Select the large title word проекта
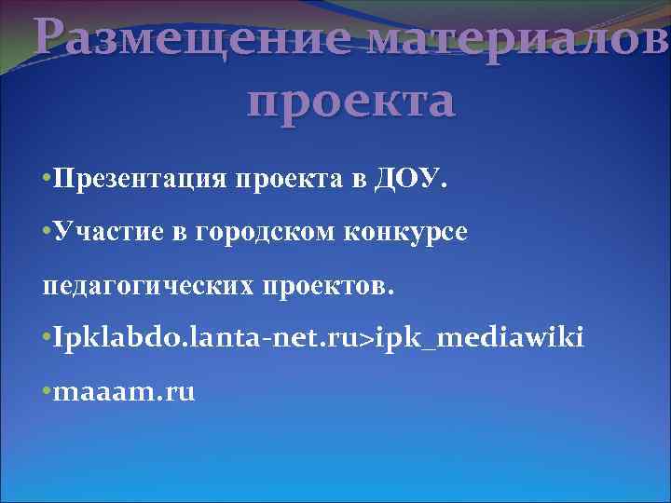(352, 101)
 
